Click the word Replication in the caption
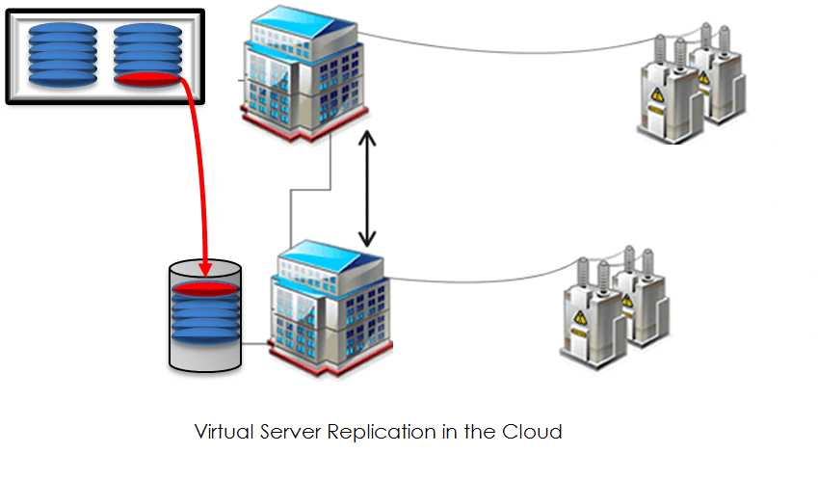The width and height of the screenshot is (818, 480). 373,431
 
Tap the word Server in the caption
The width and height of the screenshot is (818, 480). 291,431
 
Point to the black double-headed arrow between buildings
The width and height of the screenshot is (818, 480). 366,191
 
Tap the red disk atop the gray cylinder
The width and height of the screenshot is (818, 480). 203,287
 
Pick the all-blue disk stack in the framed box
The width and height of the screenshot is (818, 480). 63,55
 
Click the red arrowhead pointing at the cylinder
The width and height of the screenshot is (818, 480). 203,269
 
